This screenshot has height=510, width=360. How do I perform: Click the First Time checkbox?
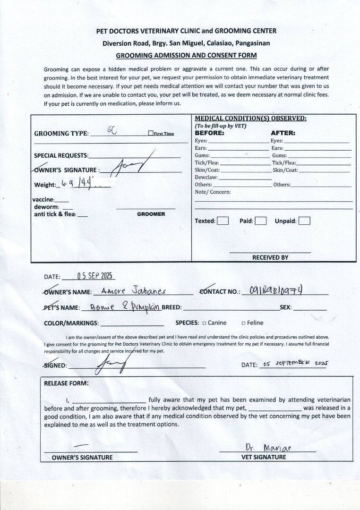[150, 134]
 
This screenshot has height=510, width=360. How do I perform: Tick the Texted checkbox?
[223, 221]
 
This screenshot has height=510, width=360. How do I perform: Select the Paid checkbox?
[261, 221]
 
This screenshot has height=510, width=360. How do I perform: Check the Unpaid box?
[304, 221]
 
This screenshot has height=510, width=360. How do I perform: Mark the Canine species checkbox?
[204, 323]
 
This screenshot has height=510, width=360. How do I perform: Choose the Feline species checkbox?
[243, 323]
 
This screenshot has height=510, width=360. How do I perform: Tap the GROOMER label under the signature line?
[151, 214]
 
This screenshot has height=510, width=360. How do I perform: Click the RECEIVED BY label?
[270, 257]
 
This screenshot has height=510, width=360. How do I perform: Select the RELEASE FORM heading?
[66, 383]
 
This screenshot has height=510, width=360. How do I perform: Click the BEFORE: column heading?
[209, 133]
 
